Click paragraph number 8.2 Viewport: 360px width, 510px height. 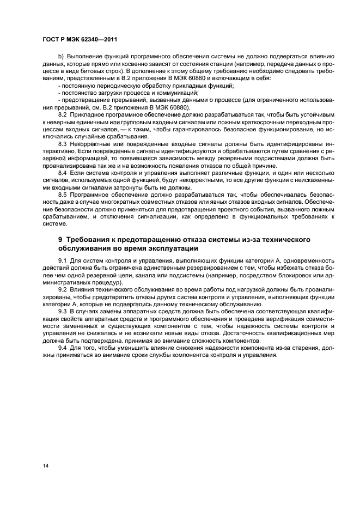tap(62, 115)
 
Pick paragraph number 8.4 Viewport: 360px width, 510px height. tap(62, 172)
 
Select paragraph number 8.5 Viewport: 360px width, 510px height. tap(62, 193)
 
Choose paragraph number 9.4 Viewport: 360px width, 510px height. tap(62, 348)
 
